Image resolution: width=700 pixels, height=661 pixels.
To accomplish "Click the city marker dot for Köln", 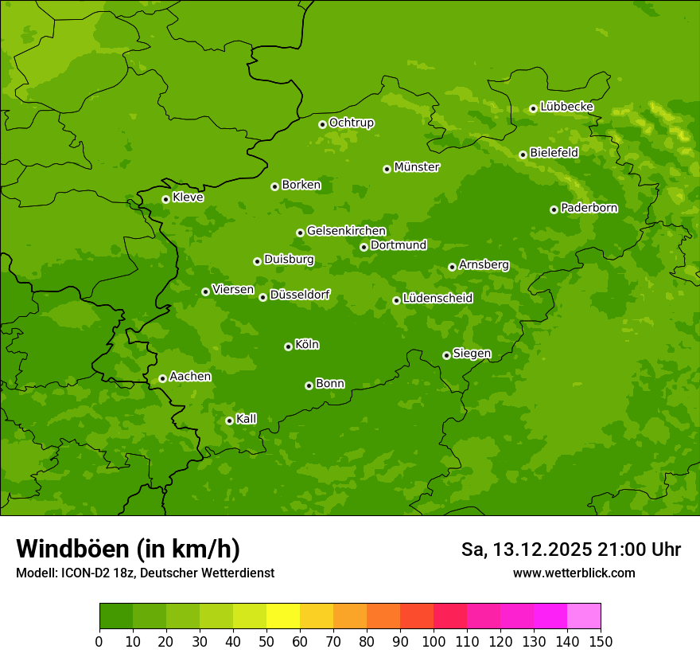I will point(288,346).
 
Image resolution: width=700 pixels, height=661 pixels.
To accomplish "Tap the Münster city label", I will point(416,167).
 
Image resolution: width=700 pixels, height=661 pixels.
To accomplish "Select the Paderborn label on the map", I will point(589,208).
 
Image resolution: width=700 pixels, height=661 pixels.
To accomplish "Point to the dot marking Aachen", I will point(162,378).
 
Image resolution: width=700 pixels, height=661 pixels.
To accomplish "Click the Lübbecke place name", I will point(566,107).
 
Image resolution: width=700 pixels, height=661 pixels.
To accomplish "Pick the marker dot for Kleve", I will point(165,199).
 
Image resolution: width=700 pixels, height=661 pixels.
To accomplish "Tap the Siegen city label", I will point(472,354).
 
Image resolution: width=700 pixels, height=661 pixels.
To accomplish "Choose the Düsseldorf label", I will point(299,295).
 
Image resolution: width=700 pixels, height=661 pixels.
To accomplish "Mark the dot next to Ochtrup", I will point(322,123).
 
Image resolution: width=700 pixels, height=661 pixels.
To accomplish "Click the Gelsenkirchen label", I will point(346,231).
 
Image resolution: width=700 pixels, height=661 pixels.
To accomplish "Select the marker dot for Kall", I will point(229,420).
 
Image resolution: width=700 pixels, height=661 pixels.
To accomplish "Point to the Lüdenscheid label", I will point(437,299).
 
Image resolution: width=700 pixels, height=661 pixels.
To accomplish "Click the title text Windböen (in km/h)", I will point(127,549).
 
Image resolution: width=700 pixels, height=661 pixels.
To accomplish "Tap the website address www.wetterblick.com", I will point(574,573).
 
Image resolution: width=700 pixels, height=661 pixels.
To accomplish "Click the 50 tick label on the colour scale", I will point(266,641).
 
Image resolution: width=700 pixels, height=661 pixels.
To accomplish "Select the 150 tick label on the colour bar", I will point(601,641).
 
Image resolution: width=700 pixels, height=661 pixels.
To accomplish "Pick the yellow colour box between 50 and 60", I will point(283,616).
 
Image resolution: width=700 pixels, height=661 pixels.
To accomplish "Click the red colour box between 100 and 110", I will point(450,616).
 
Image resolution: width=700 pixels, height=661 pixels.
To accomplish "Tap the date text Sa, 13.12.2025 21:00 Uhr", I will point(570,550).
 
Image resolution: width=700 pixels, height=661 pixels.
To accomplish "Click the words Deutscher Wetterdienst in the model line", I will point(211,573).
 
